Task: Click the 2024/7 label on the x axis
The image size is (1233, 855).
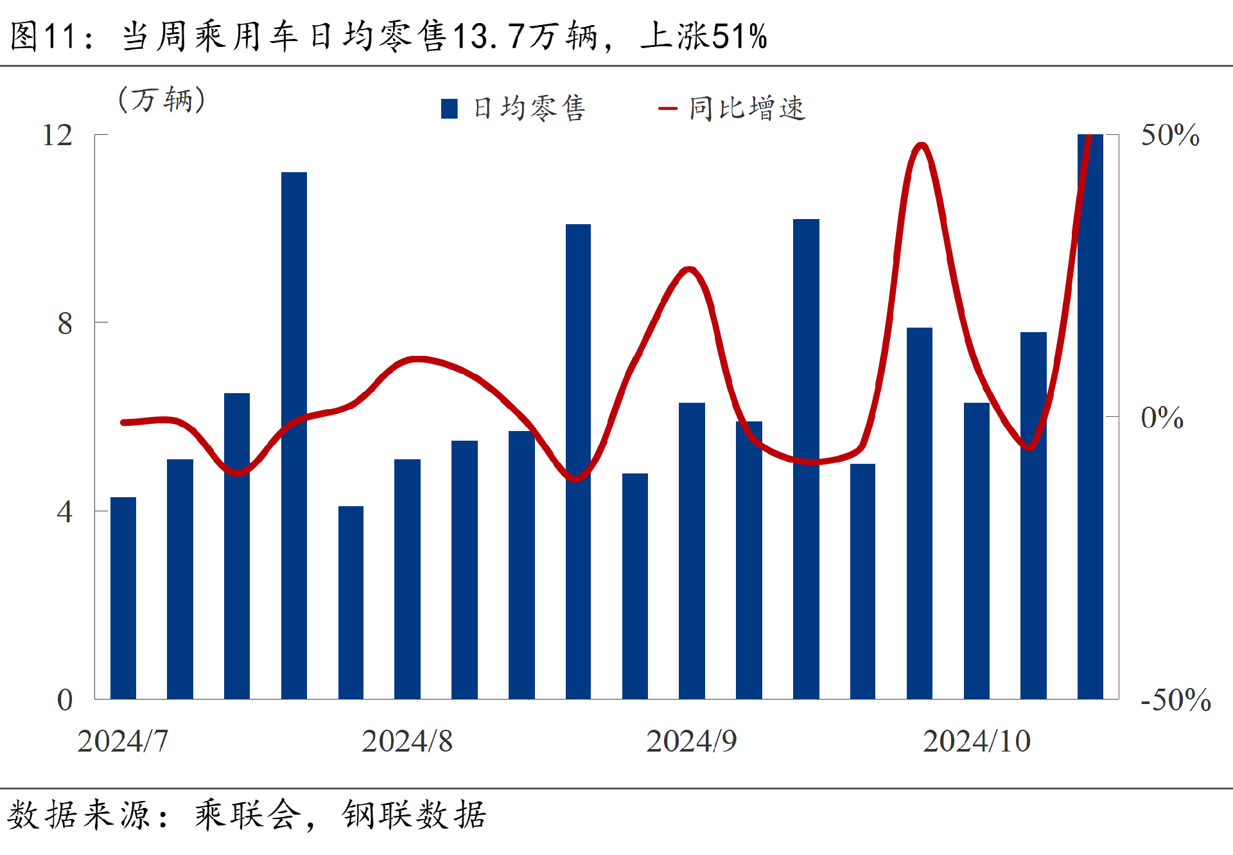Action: point(123,741)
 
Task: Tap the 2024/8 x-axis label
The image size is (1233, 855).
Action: point(407,741)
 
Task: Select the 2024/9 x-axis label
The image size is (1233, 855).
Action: point(692,741)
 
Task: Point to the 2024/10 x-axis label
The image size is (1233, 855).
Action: point(976,741)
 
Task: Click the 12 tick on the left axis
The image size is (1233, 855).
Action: point(58,136)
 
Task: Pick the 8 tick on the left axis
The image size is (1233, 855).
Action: point(65,323)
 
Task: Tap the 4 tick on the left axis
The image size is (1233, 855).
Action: point(65,512)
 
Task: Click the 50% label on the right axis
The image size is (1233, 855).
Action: point(1169,136)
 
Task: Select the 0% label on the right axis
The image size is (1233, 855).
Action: point(1162,418)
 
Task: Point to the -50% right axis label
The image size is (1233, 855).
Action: point(1175,700)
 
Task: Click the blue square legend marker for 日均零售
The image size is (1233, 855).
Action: point(450,109)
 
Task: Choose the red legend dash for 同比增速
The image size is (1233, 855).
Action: point(668,109)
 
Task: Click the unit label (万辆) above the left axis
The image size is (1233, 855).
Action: point(162,100)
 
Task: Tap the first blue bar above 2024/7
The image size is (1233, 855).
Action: point(123,597)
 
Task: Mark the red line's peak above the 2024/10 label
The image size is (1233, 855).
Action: point(922,145)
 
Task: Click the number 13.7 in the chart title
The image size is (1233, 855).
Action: point(489,36)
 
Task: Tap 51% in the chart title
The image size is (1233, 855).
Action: point(740,36)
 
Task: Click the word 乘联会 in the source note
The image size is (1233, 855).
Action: point(248,815)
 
